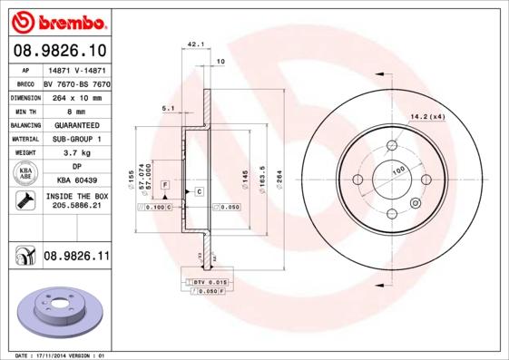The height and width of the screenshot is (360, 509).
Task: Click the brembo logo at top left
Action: [56, 20]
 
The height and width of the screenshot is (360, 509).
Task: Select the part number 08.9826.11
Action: [76, 258]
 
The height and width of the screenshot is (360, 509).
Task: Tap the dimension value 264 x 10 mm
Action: [76, 95]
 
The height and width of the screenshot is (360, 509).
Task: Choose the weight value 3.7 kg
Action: [76, 153]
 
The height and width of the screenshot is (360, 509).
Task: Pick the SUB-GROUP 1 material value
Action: [76, 139]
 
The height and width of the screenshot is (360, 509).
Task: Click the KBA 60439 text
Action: [76, 180]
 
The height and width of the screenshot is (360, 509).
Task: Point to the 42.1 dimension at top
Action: [194, 44]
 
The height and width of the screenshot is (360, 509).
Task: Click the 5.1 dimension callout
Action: [168, 108]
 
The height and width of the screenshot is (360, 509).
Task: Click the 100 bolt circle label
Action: [398, 170]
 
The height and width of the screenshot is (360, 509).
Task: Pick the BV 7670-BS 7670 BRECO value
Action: [76, 82]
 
